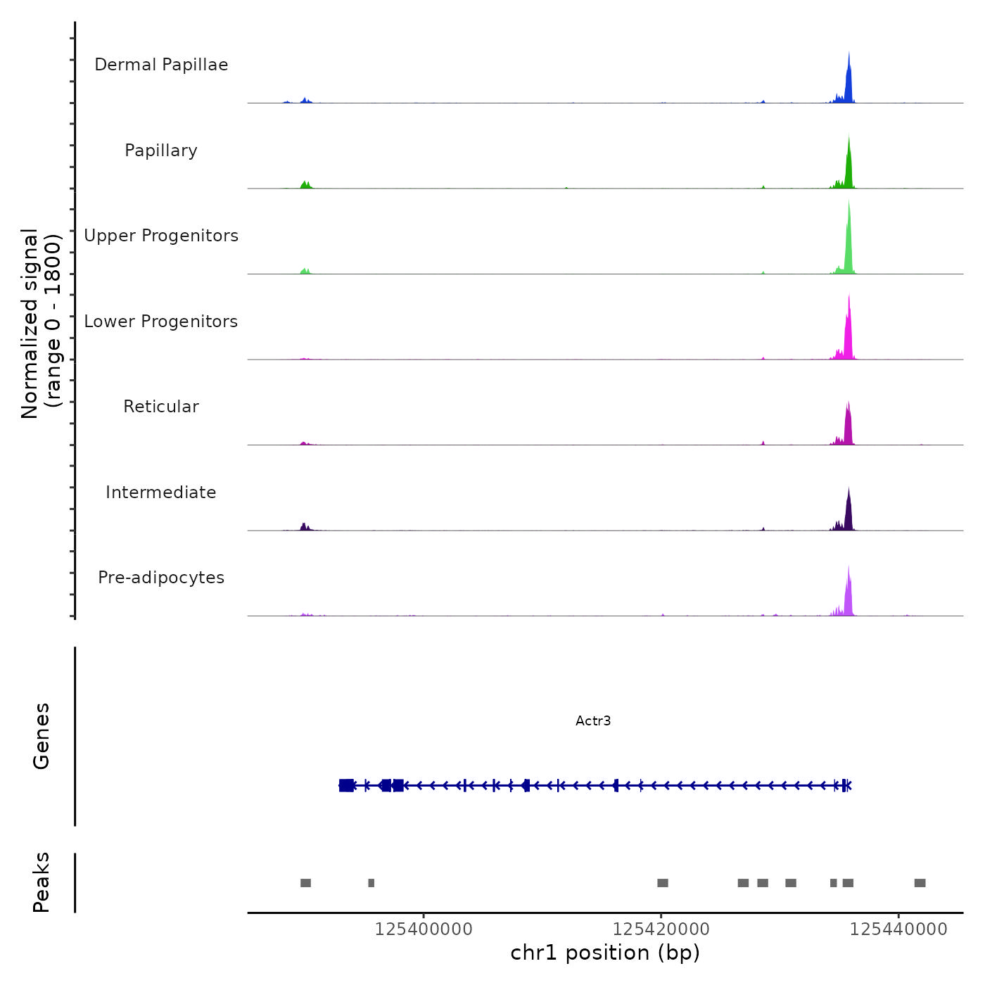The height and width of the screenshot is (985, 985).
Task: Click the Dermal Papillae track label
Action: coord(161,65)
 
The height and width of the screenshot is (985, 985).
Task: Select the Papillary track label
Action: coord(161,151)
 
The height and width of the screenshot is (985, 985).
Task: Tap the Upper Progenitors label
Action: coord(161,236)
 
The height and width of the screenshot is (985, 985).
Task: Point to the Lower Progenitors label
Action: coord(161,322)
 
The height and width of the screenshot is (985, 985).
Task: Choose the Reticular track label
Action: coord(161,407)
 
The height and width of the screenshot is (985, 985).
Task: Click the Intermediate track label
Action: coord(161,493)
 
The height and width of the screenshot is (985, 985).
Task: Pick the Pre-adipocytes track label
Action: coord(161,578)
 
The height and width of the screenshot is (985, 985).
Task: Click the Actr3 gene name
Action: coord(593,721)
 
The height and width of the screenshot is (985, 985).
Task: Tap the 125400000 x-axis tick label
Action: coord(424,929)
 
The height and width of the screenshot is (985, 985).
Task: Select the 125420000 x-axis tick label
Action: coord(661,929)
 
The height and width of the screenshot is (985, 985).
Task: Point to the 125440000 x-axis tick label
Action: coord(898,929)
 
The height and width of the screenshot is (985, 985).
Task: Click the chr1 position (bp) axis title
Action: coord(605,953)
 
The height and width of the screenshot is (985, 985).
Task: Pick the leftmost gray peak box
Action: coord(305,883)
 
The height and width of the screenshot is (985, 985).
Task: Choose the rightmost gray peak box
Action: coord(920,883)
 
